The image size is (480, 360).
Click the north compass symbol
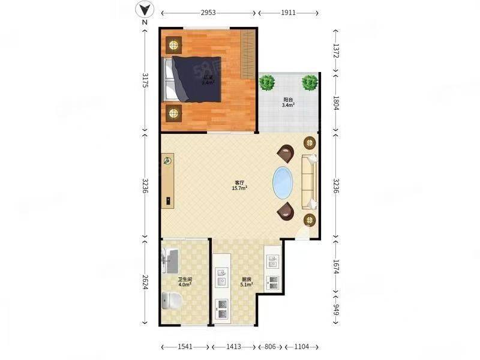coord(144,10)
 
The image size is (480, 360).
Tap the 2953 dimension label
coord(208,12)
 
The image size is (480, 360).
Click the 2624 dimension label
coord(145,281)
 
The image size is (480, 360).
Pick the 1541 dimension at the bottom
coord(185,347)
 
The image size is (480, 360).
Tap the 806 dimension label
coord(271,347)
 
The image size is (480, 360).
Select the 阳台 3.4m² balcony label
coord(289,102)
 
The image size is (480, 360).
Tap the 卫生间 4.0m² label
coord(184,282)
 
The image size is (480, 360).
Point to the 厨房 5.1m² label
coord(247,282)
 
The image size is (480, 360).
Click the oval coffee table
coord(284,182)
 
